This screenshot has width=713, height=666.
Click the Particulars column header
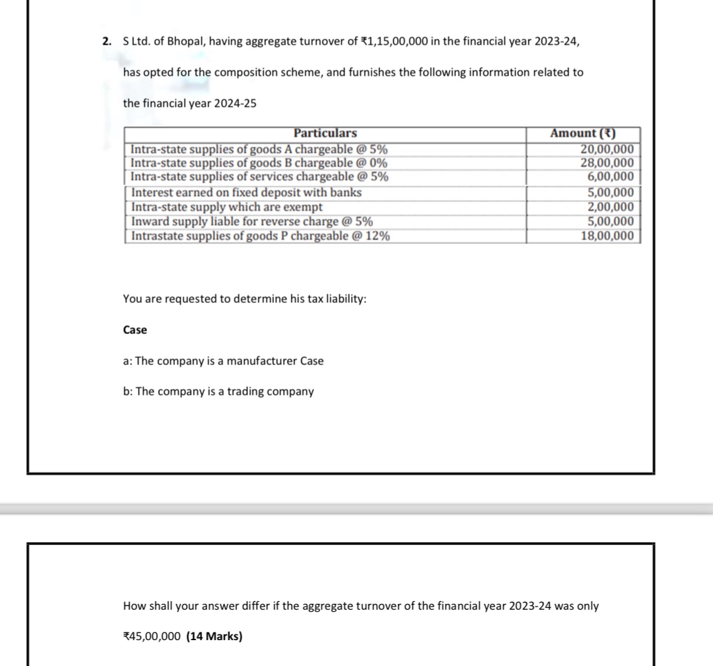(x=324, y=133)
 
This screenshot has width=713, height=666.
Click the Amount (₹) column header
(x=582, y=133)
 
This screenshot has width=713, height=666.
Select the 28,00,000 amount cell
(x=606, y=162)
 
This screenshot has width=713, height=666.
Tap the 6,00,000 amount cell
(x=610, y=177)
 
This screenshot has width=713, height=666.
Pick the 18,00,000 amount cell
(x=607, y=236)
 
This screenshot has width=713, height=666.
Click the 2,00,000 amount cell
(x=610, y=207)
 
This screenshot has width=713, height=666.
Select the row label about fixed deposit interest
(x=246, y=192)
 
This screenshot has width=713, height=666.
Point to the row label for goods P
(x=260, y=236)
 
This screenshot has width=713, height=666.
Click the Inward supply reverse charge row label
(x=251, y=221)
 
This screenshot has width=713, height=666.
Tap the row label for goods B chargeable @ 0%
(x=259, y=162)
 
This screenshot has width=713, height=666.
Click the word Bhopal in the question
(x=186, y=41)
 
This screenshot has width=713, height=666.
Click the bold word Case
(x=135, y=330)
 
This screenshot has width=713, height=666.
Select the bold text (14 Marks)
(x=214, y=636)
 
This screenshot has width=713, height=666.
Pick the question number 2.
(x=107, y=41)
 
